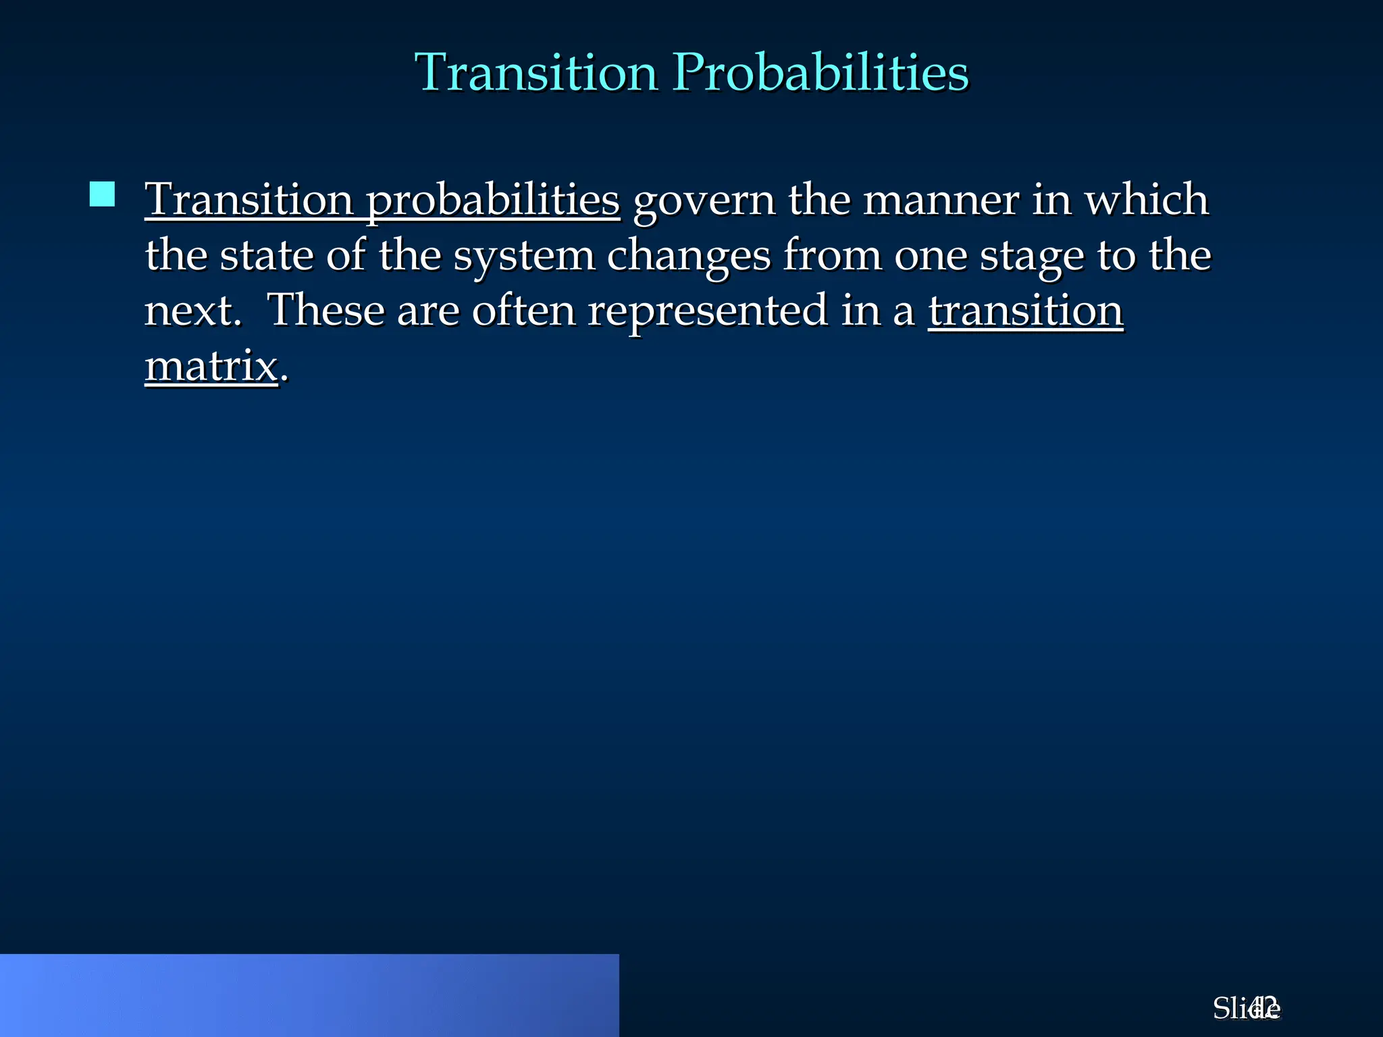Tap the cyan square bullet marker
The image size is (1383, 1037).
(102, 194)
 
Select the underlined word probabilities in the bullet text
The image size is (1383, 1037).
(493, 201)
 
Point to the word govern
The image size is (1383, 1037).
(704, 201)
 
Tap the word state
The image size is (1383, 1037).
(266, 256)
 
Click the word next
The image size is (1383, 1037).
(192, 311)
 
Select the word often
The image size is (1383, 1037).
(523, 311)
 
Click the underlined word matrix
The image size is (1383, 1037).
(211, 367)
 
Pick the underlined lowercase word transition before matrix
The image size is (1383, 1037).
(1025, 311)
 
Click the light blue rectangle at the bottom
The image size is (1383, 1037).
(309, 995)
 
